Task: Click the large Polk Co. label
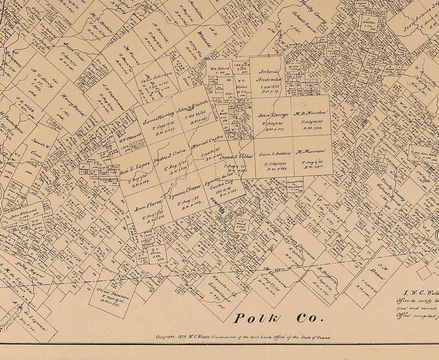(278, 318)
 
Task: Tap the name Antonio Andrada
(270, 75)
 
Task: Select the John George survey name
(273, 115)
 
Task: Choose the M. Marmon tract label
(309, 151)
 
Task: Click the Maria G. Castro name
(207, 141)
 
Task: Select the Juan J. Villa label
(237, 157)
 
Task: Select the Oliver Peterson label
(113, 296)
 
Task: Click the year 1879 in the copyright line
(183, 337)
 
